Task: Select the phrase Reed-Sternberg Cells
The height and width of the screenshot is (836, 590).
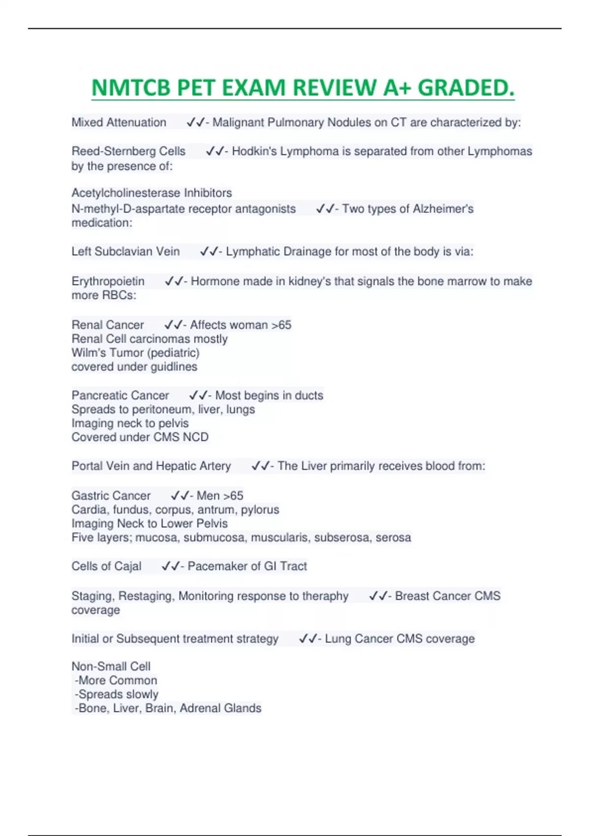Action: click(x=128, y=151)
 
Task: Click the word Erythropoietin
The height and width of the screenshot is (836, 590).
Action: click(x=108, y=281)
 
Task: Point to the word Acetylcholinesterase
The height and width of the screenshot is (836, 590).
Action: click(x=126, y=193)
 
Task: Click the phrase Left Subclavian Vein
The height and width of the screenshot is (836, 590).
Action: click(x=125, y=252)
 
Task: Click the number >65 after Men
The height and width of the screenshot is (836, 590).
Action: click(x=233, y=496)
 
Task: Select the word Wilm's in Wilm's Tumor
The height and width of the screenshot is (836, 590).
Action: click(x=87, y=353)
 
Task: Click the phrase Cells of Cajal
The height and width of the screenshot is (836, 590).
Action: click(x=106, y=567)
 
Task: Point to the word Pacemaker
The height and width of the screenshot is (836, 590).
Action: click(x=213, y=567)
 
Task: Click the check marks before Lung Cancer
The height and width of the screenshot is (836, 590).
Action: click(x=308, y=639)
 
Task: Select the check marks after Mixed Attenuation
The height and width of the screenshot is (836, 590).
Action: click(x=195, y=122)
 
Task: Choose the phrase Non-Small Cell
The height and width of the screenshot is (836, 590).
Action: click(x=111, y=666)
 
